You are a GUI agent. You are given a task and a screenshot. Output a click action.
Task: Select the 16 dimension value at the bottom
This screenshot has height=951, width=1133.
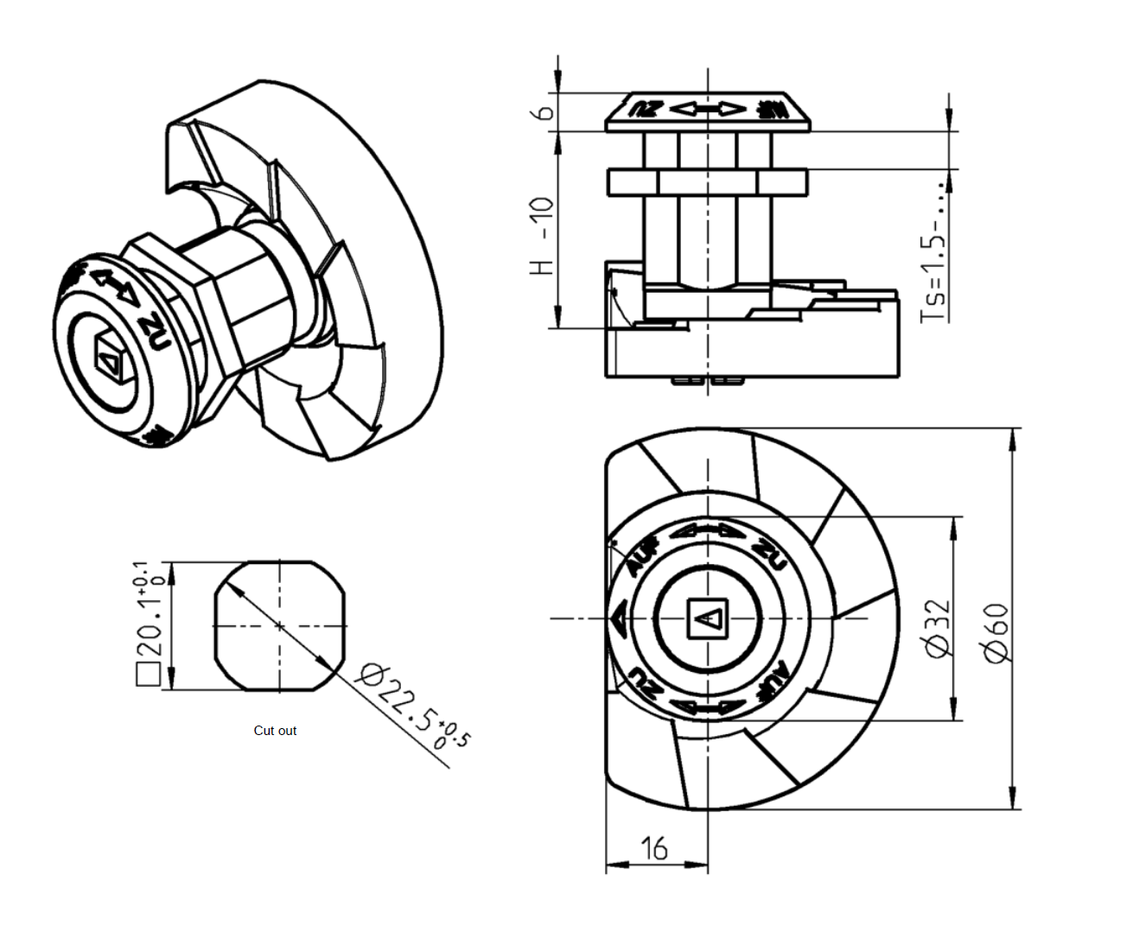pyautogui.click(x=654, y=848)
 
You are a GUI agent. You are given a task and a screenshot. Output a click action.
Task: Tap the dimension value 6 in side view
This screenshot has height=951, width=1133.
pyautogui.click(x=544, y=113)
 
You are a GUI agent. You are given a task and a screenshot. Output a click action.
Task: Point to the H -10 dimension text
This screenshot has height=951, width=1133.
pyautogui.click(x=541, y=235)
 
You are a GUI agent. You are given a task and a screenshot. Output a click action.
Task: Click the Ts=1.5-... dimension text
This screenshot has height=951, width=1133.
pyautogui.click(x=934, y=250)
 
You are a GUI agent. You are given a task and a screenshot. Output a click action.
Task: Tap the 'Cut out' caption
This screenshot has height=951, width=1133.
pyautogui.click(x=275, y=731)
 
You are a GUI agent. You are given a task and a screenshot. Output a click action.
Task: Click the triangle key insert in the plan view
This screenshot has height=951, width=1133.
pyautogui.click(x=708, y=618)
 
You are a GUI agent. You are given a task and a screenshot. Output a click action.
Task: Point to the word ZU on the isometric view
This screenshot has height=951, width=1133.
pyautogui.click(x=156, y=331)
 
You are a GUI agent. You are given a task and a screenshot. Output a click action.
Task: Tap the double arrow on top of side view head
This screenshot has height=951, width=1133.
pyautogui.click(x=708, y=109)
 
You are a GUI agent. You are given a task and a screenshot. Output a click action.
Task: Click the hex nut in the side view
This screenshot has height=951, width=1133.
pyautogui.click(x=708, y=182)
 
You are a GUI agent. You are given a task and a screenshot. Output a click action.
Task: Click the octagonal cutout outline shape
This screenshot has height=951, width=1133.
pyautogui.click(x=279, y=625)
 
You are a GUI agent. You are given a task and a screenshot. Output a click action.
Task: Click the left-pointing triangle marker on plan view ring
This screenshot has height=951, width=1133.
pyautogui.click(x=619, y=619)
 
